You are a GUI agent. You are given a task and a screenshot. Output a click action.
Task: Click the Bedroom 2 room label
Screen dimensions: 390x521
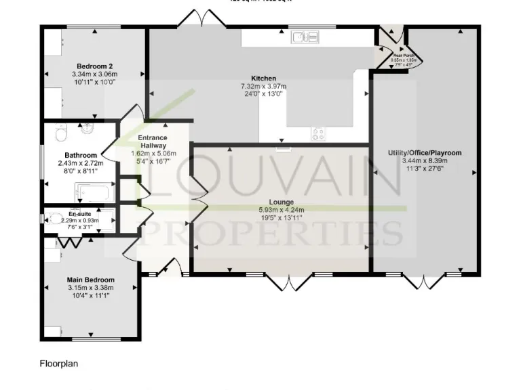pos(94,66)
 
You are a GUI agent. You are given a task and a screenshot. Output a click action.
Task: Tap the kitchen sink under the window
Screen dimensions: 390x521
pos(298,37)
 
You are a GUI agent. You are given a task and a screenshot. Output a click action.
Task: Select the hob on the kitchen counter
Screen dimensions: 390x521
pos(317,133)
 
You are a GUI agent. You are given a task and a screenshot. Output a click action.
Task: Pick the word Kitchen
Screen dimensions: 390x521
pos(263,78)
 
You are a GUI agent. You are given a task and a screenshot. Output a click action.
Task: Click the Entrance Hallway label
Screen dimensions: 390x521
pos(153,142)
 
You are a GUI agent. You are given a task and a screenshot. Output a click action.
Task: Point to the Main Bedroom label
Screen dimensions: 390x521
pos(90,280)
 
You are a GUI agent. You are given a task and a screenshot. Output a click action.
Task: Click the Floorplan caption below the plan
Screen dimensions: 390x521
pos(59,364)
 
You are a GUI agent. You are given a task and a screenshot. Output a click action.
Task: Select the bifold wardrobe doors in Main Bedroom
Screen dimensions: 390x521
pos(66,242)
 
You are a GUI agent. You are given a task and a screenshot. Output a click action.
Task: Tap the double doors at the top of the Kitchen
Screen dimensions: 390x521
pos(200,20)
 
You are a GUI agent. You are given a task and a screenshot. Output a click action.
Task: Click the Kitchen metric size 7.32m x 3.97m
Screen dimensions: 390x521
pos(263,86)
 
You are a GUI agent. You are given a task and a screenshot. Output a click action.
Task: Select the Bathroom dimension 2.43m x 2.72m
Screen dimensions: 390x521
pos(80,163)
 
